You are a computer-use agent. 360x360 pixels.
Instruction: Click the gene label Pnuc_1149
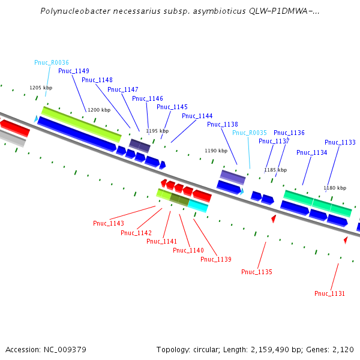(74, 71)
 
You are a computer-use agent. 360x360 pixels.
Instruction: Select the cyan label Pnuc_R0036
(52, 62)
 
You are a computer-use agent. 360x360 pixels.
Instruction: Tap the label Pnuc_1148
(97, 80)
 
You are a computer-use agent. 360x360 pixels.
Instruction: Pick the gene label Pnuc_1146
(148, 98)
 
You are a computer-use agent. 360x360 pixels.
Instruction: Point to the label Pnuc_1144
(197, 116)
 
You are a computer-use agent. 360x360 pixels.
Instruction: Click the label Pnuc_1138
(223, 124)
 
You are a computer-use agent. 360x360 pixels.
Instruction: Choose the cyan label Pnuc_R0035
(250, 133)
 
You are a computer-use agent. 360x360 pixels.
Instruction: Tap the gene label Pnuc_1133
(340, 142)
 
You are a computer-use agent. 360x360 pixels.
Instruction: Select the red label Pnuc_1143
(109, 224)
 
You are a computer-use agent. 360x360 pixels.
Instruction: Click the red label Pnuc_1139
(216, 259)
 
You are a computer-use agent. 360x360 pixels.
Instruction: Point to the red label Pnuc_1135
(257, 272)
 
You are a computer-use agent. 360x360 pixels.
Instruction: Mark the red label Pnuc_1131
(330, 293)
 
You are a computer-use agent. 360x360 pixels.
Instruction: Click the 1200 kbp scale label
(99, 110)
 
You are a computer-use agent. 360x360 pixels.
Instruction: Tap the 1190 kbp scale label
(217, 151)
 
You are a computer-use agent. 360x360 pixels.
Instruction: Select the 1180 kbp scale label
(335, 188)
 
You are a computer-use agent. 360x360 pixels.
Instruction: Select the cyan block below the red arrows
(198, 206)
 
